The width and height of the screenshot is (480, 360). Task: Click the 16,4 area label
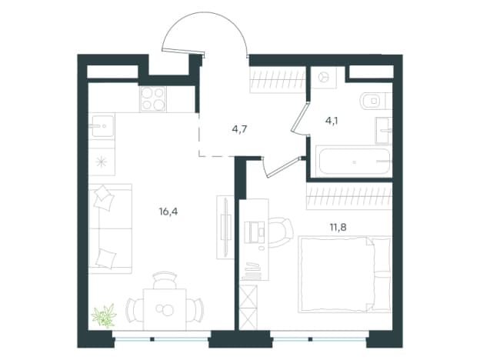click(x=168, y=212)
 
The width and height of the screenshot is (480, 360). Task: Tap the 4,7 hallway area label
click(x=239, y=129)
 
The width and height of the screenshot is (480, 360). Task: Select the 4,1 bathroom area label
click(x=332, y=121)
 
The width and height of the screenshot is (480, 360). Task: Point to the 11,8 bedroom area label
click(x=338, y=228)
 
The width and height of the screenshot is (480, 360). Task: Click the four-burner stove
click(x=153, y=99)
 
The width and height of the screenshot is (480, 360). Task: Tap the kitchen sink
click(x=102, y=126)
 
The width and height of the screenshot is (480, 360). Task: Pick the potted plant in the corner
click(x=105, y=315)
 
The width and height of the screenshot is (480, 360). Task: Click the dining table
click(x=165, y=309)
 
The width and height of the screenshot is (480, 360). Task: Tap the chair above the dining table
click(x=165, y=280)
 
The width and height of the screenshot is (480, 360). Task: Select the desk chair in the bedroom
click(x=281, y=232)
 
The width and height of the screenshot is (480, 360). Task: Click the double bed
click(x=345, y=275)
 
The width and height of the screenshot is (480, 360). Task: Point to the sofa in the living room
click(x=110, y=228)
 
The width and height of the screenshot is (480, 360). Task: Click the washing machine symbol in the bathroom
click(x=324, y=78)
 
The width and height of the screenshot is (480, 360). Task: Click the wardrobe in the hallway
click(x=278, y=80)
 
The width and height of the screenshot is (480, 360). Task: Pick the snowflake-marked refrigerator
click(x=102, y=162)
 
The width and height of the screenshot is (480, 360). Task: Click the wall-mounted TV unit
click(x=225, y=228)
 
